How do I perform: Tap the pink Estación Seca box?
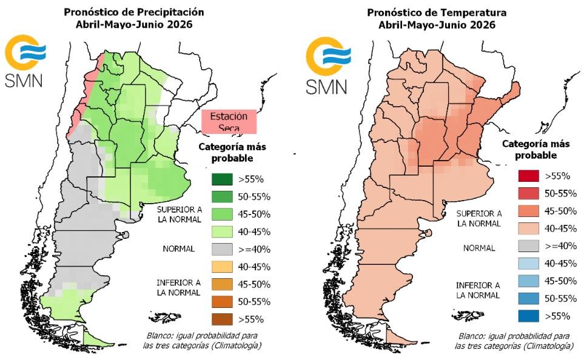pyautogui.click(x=229, y=122)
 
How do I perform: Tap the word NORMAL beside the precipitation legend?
pyautogui.click(x=178, y=248)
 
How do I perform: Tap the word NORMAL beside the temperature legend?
pyautogui.click(x=479, y=248)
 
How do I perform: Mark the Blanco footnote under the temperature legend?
pyautogui.click(x=515, y=340)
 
